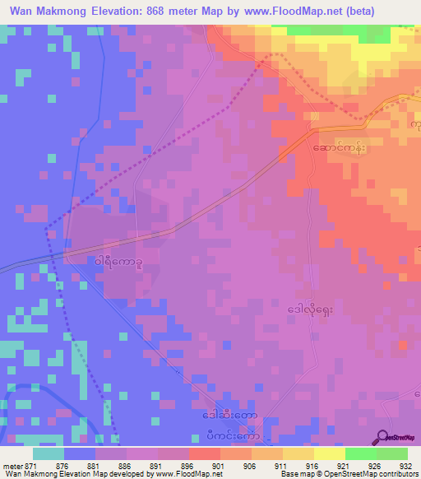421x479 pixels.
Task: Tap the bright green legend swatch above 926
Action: click(360, 453)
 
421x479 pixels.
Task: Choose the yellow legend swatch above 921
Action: click(329, 453)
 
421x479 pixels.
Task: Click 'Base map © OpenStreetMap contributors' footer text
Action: click(348, 475)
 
